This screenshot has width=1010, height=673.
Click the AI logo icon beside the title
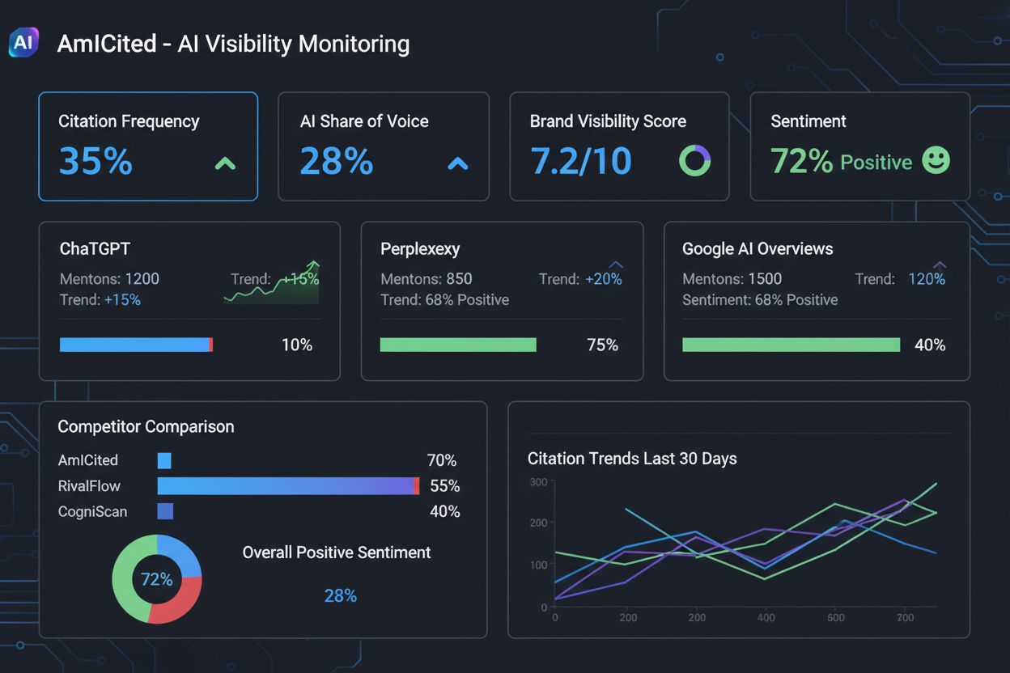point(23,43)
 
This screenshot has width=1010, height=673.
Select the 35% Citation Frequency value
point(95,161)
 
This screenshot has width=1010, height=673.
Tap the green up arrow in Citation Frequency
point(225,163)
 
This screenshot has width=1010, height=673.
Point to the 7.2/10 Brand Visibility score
point(580,161)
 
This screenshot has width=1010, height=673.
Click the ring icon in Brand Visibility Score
point(694,161)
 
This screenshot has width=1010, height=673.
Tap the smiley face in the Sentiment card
point(936,160)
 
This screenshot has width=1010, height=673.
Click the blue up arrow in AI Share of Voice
point(458,163)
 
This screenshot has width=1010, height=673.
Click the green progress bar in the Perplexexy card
point(458,345)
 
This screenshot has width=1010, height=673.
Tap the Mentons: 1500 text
point(732,279)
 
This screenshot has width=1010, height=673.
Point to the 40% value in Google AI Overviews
point(929,345)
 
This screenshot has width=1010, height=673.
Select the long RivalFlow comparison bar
point(288,485)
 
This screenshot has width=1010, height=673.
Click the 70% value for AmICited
point(441,460)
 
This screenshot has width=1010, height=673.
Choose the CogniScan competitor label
point(92,511)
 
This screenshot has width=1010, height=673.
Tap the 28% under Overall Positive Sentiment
point(340,596)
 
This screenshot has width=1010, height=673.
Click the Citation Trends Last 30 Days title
point(632,459)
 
